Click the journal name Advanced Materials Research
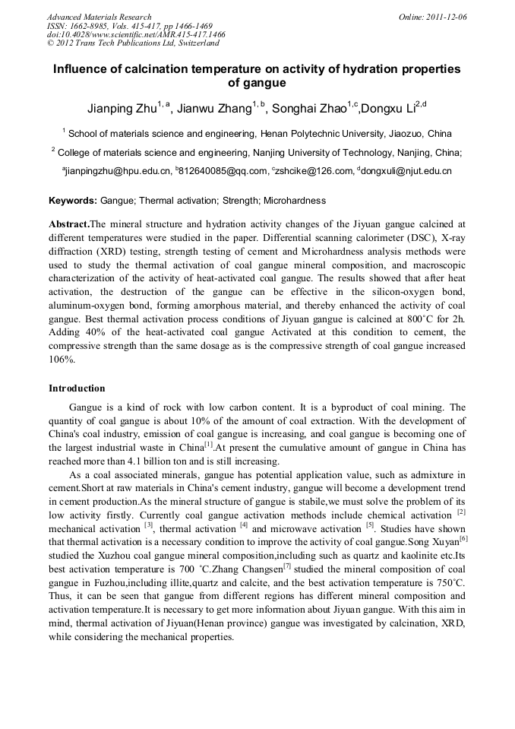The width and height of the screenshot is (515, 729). (x=99, y=17)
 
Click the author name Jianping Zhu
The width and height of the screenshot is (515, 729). (x=124, y=108)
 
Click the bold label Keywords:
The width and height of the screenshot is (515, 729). (x=73, y=201)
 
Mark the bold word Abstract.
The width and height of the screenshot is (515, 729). (x=68, y=224)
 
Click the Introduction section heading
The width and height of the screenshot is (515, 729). (x=77, y=388)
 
